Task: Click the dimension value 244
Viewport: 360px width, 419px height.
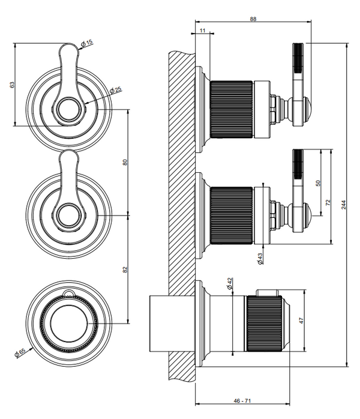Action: tap(344, 205)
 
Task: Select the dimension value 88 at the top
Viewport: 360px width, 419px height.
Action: tap(253, 19)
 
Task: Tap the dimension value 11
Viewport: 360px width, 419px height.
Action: tap(202, 29)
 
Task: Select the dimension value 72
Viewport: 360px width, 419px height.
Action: tap(328, 203)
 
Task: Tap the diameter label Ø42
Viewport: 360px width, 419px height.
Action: tap(230, 285)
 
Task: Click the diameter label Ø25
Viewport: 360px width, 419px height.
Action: tap(116, 89)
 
